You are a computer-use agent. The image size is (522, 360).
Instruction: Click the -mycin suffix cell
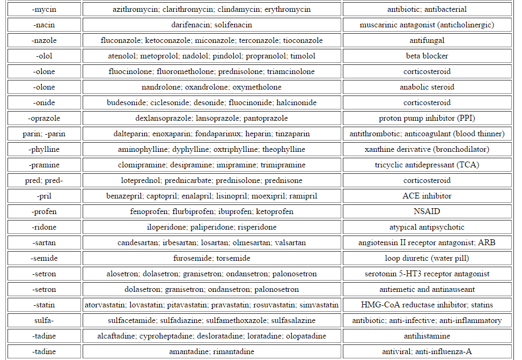pos(44,10)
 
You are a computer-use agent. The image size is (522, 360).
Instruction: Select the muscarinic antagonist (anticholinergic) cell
pos(427,25)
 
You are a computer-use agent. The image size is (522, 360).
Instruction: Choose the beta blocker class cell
pos(427,56)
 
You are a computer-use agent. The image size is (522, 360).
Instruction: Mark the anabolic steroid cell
pos(427,87)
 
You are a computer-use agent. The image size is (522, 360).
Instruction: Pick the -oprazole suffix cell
pos(44,119)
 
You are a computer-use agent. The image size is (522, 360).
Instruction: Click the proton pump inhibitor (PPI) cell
pos(427,119)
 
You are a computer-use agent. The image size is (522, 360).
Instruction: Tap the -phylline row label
pos(44,150)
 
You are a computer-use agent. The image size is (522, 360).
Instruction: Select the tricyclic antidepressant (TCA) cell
pos(427,165)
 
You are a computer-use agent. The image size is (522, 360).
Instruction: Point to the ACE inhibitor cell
pos(427,196)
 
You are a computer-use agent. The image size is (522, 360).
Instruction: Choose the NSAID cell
pos(427,212)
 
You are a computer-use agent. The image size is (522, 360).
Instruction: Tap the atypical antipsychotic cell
pos(427,227)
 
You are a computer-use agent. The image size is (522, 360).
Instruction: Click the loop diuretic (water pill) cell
pos(427,259)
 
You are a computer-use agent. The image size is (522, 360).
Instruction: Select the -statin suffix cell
pos(44,305)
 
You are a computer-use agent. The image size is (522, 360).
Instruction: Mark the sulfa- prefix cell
pos(44,321)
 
